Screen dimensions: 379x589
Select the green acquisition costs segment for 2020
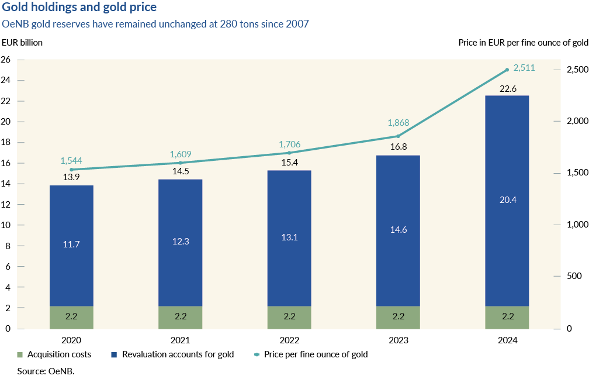[x=71, y=317]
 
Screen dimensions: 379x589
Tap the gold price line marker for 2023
[x=398, y=136]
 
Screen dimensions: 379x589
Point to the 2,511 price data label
[x=524, y=68]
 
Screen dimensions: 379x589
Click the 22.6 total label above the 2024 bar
[x=507, y=88]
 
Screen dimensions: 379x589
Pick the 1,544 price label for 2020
[x=71, y=160]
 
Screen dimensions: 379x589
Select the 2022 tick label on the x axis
[x=289, y=340]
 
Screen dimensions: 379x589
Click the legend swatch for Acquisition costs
[x=20, y=354]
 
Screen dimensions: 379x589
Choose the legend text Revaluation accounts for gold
[x=178, y=354]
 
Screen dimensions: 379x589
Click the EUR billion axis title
[x=22, y=42]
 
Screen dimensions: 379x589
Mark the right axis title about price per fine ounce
[x=523, y=42]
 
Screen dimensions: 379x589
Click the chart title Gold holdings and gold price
[x=79, y=9]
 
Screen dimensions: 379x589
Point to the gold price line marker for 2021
[x=180, y=163]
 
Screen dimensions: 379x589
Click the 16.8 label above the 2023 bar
[x=398, y=147]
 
